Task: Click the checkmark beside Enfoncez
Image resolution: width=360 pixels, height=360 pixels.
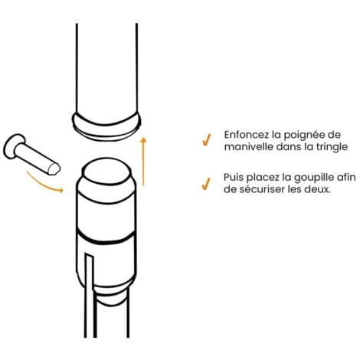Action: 206,139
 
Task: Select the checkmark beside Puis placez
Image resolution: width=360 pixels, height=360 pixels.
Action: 206,184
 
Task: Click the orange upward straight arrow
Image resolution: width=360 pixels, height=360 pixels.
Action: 143,162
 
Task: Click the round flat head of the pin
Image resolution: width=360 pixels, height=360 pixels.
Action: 14,146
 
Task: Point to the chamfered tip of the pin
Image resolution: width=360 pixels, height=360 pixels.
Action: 54,169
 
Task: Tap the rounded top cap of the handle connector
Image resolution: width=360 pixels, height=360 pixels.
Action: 106,171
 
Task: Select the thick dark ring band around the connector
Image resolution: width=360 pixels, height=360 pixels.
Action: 106,237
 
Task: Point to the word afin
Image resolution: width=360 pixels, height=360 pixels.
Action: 345,177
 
